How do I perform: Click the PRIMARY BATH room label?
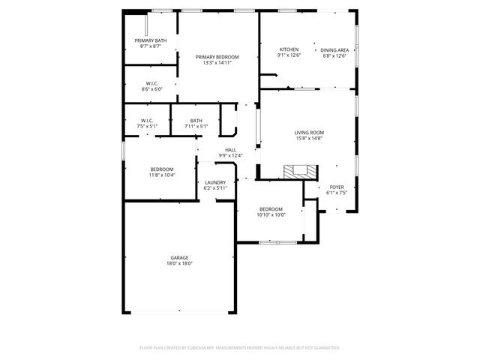click(x=151, y=40)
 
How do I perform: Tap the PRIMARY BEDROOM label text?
click(x=217, y=57)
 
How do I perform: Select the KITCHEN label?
click(x=289, y=49)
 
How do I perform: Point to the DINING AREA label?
click(x=334, y=49)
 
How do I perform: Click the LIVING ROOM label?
click(x=308, y=132)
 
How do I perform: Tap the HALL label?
click(x=231, y=149)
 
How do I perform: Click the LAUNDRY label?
click(x=215, y=182)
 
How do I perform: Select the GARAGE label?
click(x=178, y=257)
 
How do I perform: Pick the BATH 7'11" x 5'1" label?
click(x=196, y=121)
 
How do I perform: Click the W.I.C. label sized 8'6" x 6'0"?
click(x=151, y=83)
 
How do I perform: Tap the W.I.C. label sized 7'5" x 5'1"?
click(x=148, y=121)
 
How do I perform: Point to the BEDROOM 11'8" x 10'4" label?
click(x=162, y=169)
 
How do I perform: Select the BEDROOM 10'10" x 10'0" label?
click(x=271, y=208)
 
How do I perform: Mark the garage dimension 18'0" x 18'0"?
click(x=178, y=263)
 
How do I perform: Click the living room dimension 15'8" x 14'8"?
click(x=308, y=138)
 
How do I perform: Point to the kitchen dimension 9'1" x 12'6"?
click(x=289, y=55)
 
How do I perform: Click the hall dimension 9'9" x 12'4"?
click(x=231, y=155)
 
